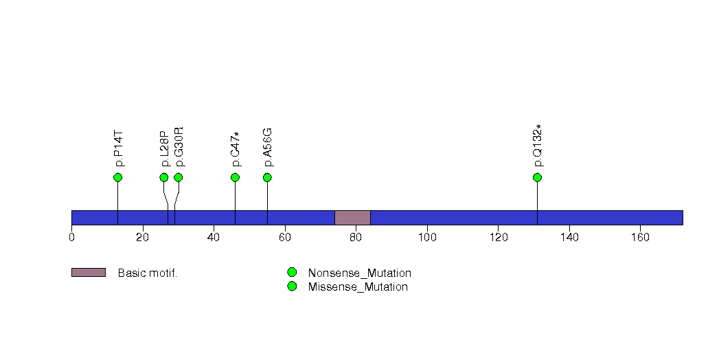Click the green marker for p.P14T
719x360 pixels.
(118, 177)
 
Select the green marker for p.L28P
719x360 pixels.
(163, 177)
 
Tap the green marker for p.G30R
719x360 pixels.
(179, 177)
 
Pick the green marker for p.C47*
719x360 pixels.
(236, 177)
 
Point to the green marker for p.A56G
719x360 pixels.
(267, 177)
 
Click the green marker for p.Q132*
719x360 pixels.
(538, 177)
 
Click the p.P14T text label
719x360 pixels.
(118, 149)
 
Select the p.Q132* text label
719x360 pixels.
(538, 146)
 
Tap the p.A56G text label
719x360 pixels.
(268, 147)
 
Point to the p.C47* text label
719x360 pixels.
(236, 149)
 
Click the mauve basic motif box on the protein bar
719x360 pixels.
(352, 218)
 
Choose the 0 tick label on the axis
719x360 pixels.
(71, 238)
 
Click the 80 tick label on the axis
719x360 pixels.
(356, 238)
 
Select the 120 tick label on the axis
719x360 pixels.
(498, 238)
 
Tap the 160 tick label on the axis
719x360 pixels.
(640, 238)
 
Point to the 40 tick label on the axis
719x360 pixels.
(214, 238)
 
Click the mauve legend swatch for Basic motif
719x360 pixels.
(89, 273)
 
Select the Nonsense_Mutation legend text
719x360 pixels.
(360, 273)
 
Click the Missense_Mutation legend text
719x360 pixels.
(358, 287)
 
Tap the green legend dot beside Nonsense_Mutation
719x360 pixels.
(292, 273)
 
